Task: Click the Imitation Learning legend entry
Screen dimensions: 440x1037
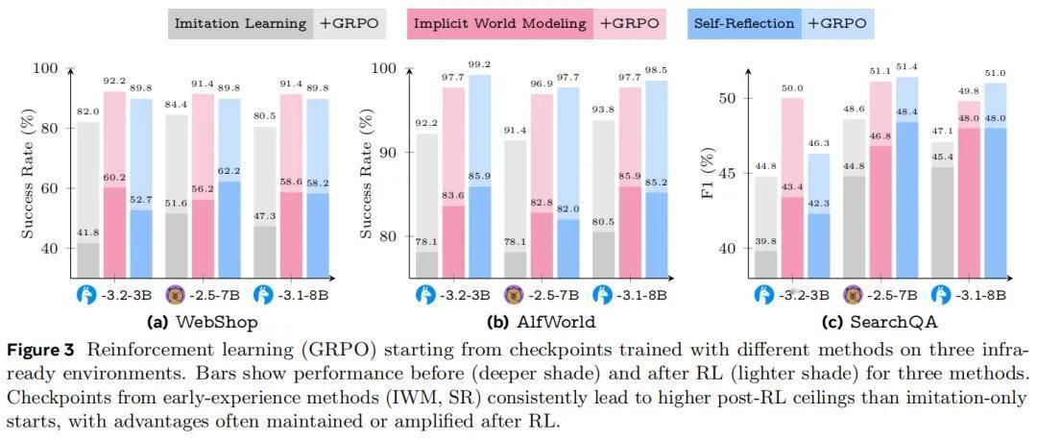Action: coord(240,23)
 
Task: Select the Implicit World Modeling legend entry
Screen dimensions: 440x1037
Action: coord(499,23)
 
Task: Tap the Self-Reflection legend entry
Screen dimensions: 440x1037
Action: coord(744,23)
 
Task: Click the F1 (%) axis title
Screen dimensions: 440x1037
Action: coord(710,173)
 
